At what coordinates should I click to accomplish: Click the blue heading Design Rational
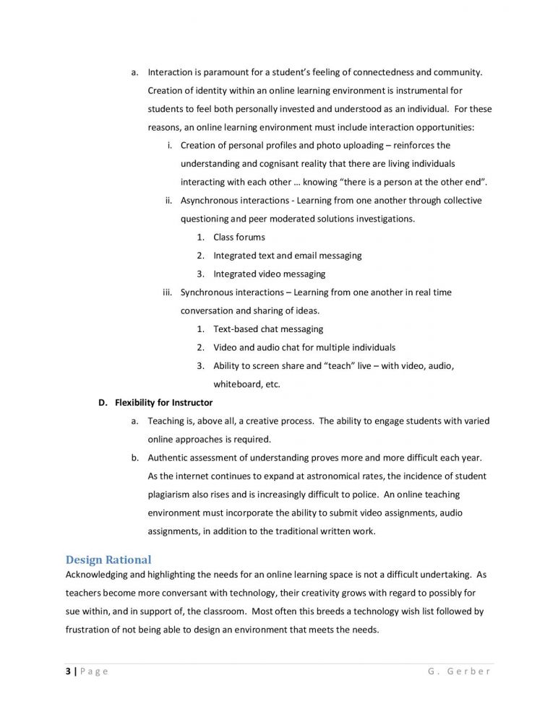(108, 560)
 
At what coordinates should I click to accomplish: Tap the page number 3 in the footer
(68, 671)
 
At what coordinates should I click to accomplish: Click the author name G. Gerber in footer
(459, 671)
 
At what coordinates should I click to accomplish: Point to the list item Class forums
(239, 238)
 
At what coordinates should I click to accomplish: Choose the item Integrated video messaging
(269, 274)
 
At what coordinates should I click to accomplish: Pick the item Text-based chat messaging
(268, 329)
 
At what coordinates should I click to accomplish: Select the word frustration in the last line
(90, 630)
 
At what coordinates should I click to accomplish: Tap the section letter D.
(102, 403)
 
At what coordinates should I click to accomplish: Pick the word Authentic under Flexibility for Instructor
(169, 458)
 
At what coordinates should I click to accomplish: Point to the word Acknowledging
(100, 575)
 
